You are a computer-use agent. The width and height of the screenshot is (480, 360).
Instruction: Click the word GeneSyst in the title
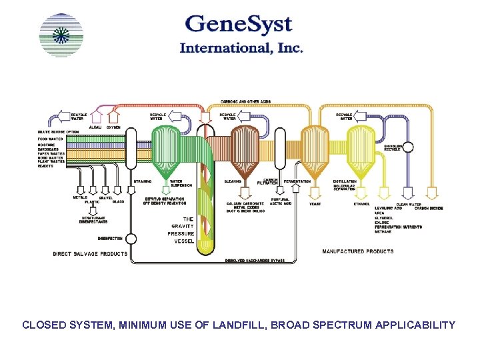tap(239, 25)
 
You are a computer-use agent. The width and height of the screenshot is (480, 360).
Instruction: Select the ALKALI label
tap(95, 127)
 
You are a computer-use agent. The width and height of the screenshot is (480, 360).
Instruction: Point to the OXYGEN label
tap(113, 127)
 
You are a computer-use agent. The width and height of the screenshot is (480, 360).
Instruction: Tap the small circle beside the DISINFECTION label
tap(131, 238)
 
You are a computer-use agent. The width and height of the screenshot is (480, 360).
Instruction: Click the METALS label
tap(79, 197)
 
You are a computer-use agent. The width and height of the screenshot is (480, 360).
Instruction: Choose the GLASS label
tap(118, 201)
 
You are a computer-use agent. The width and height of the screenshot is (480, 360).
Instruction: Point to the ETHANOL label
tap(362, 204)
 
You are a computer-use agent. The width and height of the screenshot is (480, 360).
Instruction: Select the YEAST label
tap(315, 204)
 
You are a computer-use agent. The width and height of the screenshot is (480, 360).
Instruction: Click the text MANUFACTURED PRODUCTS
tap(357, 251)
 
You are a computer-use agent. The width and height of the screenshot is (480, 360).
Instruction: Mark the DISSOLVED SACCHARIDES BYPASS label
tap(255, 260)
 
